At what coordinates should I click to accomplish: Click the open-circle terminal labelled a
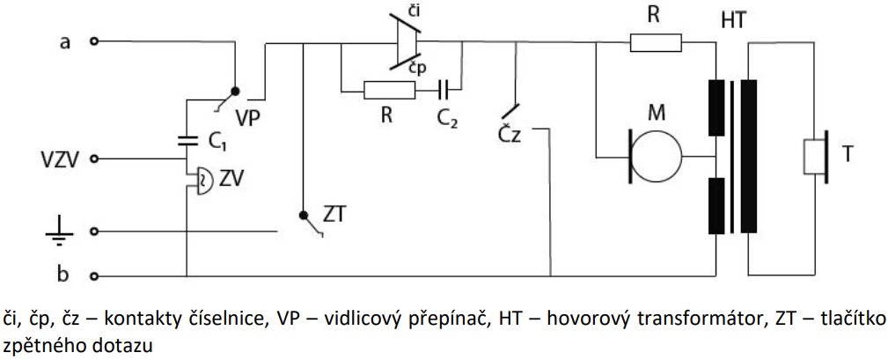tap(95, 41)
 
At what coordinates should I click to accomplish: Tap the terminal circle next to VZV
tap(95, 159)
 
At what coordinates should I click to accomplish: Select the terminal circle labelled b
tap(95, 276)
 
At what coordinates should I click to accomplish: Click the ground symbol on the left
tap(58, 234)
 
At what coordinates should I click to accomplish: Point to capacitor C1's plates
tap(187, 141)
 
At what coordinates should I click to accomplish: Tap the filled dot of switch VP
tap(235, 90)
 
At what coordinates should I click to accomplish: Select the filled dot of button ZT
tap(304, 215)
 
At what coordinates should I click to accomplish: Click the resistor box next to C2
tap(390, 90)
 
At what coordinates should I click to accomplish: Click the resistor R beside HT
tap(656, 42)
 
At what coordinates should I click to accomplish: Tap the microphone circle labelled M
tap(656, 155)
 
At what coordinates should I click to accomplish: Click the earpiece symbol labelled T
tap(816, 156)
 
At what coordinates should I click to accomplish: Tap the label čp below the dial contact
tap(418, 67)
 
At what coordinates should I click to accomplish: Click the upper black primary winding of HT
tap(716, 108)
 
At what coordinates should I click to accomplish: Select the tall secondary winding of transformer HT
tap(749, 156)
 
